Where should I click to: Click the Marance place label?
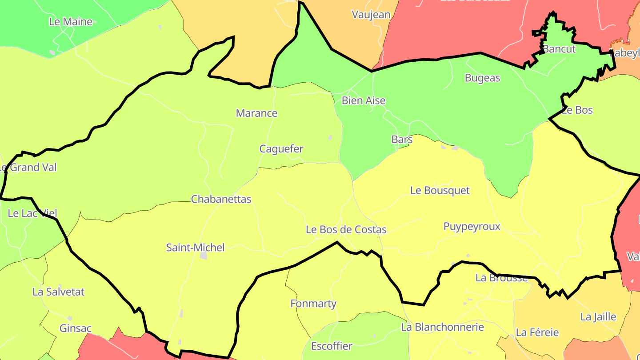(256, 113)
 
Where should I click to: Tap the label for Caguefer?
(281, 149)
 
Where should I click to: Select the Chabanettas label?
(221, 199)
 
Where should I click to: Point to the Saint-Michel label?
(195, 248)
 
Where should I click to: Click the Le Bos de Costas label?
(346, 230)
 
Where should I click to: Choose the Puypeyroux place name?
(472, 227)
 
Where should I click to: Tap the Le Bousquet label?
(440, 191)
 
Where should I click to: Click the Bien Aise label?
(363, 100)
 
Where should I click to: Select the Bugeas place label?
(482, 78)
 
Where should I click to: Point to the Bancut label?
(559, 49)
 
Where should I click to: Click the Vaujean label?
(371, 15)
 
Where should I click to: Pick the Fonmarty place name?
(313, 304)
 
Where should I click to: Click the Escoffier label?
(331, 346)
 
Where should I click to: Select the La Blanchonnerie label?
(442, 328)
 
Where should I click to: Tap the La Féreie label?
(537, 332)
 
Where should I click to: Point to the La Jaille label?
(598, 317)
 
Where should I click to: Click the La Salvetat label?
(58, 292)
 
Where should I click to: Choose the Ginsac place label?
(75, 329)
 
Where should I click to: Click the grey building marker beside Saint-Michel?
(204, 256)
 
